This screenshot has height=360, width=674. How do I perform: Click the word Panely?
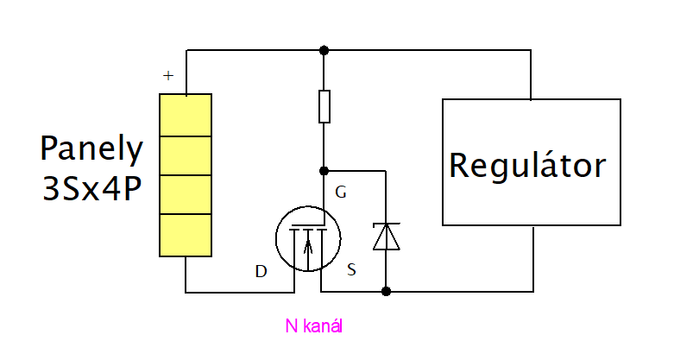[91, 149]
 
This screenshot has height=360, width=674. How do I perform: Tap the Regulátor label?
[527, 164]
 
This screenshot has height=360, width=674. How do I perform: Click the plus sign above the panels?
[168, 76]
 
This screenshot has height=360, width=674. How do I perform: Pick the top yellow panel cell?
[186, 115]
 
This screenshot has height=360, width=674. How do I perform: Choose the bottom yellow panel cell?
[186, 235]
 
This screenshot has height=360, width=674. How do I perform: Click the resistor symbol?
[324, 106]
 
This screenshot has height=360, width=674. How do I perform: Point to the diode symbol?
[385, 236]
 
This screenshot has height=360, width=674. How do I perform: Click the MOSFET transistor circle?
[307, 237]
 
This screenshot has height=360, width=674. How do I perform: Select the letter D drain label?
[261, 272]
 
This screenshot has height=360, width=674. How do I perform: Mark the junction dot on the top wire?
[324, 50]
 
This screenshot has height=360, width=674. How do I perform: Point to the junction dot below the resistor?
[324, 171]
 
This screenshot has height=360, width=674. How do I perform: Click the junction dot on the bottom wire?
[385, 291]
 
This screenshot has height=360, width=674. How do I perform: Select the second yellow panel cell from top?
[186, 155]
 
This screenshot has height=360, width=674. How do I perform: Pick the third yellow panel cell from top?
[186, 194]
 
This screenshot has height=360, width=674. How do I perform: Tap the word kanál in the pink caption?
[327, 327]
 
